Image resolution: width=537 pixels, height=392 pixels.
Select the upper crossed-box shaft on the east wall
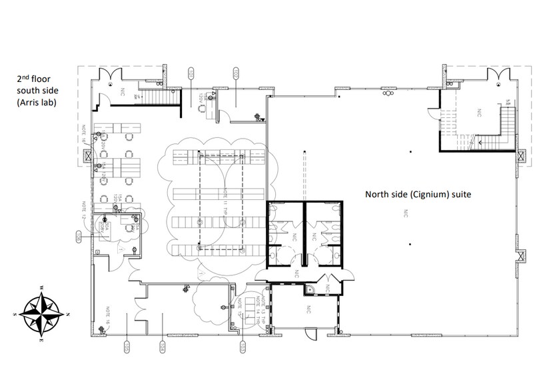click(x=519, y=157)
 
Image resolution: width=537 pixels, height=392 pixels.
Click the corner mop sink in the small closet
click(x=308, y=290)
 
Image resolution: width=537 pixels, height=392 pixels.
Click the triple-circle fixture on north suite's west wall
click(x=387, y=95)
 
